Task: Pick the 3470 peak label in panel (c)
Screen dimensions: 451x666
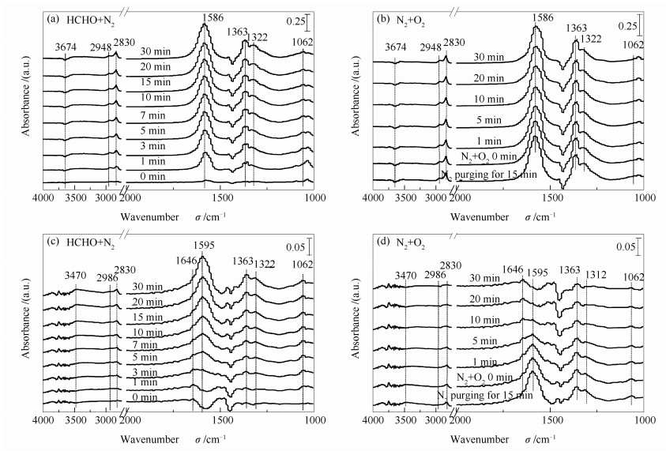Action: (x=75, y=276)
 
